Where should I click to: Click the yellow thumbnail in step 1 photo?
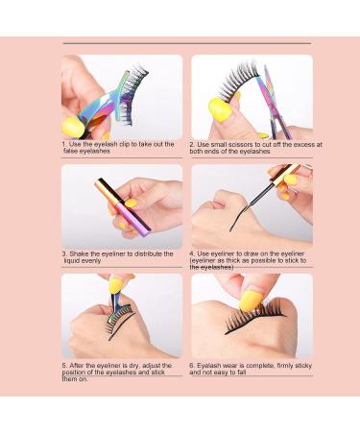pyautogui.click(x=73, y=128)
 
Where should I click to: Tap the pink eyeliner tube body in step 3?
pyautogui.click(x=132, y=214)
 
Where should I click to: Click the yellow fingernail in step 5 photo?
pyautogui.click(x=115, y=286)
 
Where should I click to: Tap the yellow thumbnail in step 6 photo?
pyautogui.click(x=252, y=300)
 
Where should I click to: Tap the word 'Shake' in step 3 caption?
pyautogui.click(x=80, y=253)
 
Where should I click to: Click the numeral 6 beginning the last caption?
pyautogui.click(x=191, y=366)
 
